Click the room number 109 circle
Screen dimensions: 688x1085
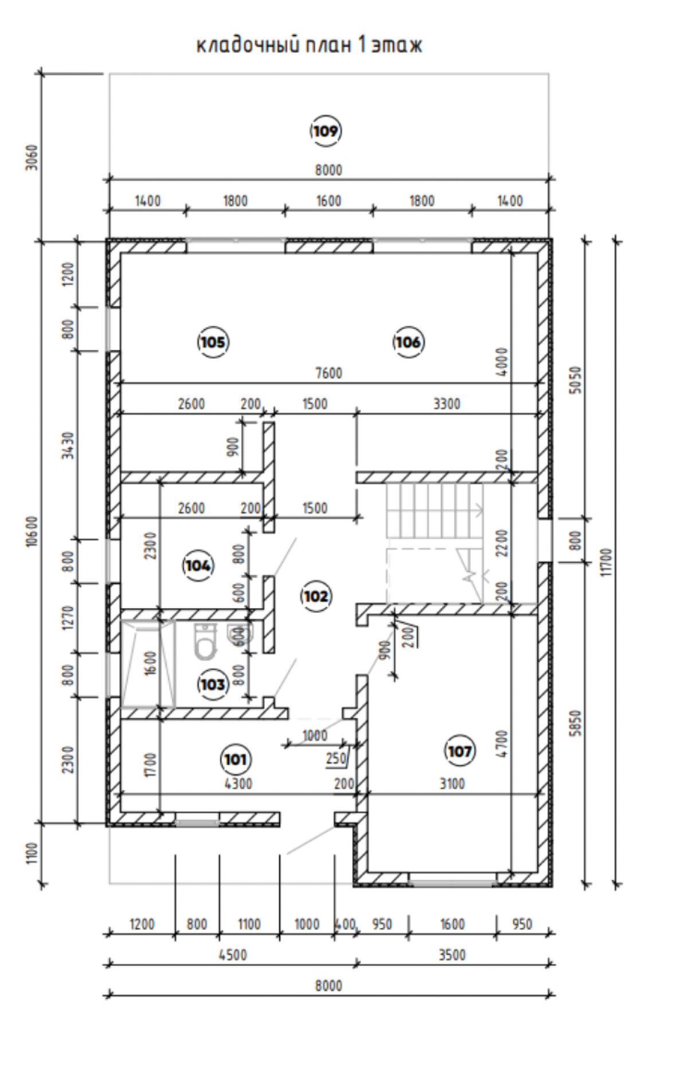click(x=326, y=131)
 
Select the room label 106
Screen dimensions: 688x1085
click(x=408, y=342)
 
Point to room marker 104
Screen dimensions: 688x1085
click(x=198, y=566)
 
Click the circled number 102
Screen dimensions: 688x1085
click(x=316, y=597)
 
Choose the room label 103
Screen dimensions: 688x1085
click(x=213, y=684)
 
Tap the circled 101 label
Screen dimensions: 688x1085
click(x=235, y=759)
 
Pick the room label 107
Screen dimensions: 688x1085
click(x=459, y=751)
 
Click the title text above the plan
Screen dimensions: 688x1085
click(x=310, y=45)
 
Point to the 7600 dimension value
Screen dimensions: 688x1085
click(x=329, y=373)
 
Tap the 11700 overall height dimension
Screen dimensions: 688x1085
click(x=608, y=562)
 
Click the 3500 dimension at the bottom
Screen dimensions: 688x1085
click(x=452, y=955)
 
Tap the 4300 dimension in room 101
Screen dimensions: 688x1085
click(x=238, y=784)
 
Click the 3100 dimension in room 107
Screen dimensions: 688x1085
click(x=452, y=784)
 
